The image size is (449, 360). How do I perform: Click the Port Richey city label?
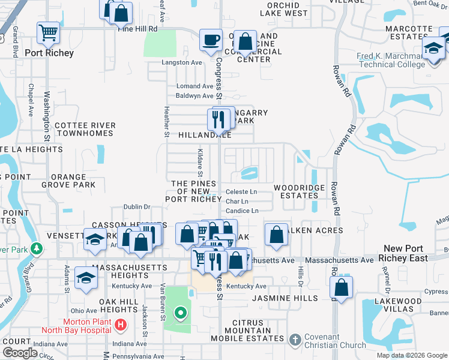[49, 53]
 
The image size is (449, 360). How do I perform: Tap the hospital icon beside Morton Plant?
[121, 325]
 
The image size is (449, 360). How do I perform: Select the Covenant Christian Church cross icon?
[294, 340]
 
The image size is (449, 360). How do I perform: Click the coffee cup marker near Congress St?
[211, 41]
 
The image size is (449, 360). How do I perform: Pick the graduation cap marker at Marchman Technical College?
[433, 49]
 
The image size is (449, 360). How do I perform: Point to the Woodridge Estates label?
[299, 191]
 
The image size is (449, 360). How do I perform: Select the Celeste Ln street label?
[241, 192]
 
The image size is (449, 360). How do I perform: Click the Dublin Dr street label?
[136, 207]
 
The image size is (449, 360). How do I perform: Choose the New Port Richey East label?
[406, 253]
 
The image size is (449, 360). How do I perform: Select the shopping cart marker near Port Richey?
[48, 34]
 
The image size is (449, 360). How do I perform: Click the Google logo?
[20, 353]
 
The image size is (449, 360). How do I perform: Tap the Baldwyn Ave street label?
[194, 96]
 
